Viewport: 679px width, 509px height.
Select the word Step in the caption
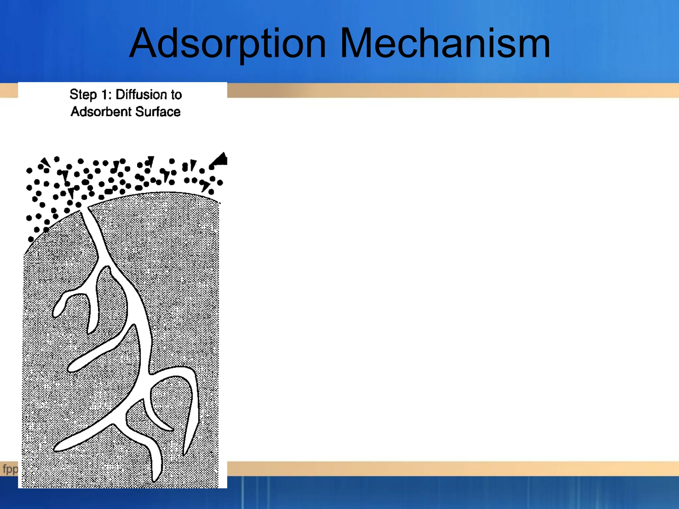point(83,95)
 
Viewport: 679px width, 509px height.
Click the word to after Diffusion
point(176,95)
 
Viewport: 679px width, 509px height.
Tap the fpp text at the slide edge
point(10,469)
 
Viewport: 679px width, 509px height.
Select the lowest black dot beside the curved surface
point(31,239)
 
